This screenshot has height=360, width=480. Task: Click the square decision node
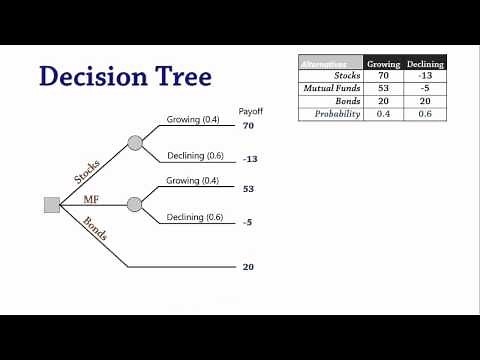[53, 205]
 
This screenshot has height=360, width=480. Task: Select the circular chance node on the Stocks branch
[135, 142]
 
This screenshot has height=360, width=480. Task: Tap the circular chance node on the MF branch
[135, 204]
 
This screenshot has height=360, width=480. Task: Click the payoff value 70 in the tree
[248, 127]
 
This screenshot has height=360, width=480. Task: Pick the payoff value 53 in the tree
[248, 188]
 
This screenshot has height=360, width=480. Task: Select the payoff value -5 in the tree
[247, 221]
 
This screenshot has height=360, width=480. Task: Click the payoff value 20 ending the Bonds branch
[248, 267]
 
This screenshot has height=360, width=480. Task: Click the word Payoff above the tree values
[250, 111]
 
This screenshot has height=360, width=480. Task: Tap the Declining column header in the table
[426, 63]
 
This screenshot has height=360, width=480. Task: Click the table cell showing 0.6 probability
[426, 114]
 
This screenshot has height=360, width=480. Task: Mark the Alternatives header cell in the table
[331, 63]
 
